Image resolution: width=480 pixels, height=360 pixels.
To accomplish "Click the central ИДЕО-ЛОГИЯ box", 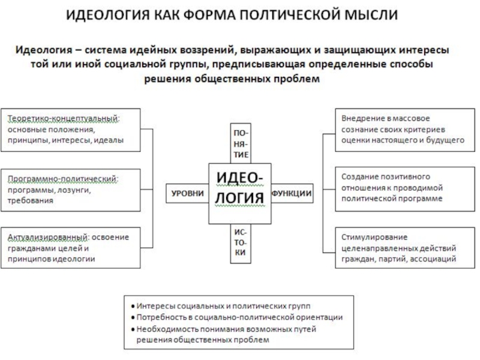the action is [240, 193].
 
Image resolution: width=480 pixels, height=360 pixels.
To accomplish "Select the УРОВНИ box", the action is [187, 193].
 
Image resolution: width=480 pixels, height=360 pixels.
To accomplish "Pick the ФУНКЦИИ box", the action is [292, 193].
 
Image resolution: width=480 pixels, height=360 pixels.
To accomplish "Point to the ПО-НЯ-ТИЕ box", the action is [241, 143].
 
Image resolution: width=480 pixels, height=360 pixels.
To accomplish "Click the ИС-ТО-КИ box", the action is [241, 244].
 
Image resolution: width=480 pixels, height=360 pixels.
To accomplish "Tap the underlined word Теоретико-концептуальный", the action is [63, 118].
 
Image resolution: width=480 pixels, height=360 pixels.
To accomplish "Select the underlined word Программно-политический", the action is [62, 179].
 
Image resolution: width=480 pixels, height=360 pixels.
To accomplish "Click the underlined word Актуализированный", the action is [47, 237].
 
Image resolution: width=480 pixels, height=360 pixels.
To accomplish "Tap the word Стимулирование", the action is [374, 237].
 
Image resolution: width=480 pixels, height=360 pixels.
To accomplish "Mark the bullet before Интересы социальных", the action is [133, 306].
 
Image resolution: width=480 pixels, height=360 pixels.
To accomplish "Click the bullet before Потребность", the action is [133, 318].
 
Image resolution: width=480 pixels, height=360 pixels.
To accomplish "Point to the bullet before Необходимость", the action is [133, 329].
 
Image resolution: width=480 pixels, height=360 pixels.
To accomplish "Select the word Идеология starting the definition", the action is [44, 50].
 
